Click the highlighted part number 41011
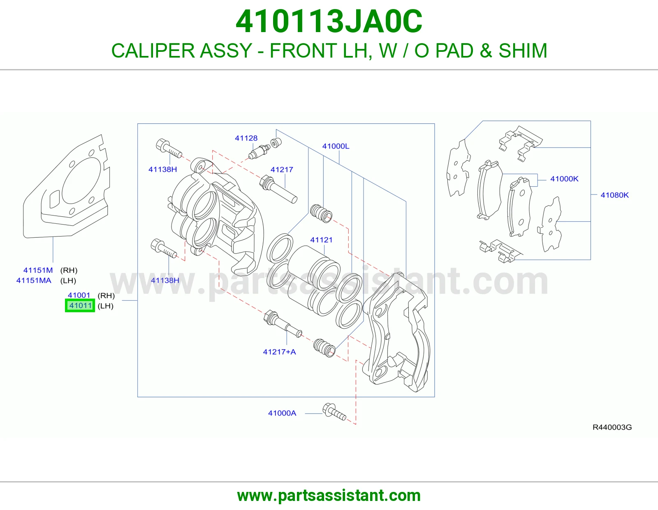pos(80,305)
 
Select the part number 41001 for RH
pos(79,295)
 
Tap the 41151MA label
pos(34,280)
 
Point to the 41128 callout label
pos(246,138)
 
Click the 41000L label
pos(336,146)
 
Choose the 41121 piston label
pos(321,240)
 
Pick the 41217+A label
pos(280,352)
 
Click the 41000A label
pos(282,413)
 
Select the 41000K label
pos(564,178)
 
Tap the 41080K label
pos(615,195)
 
